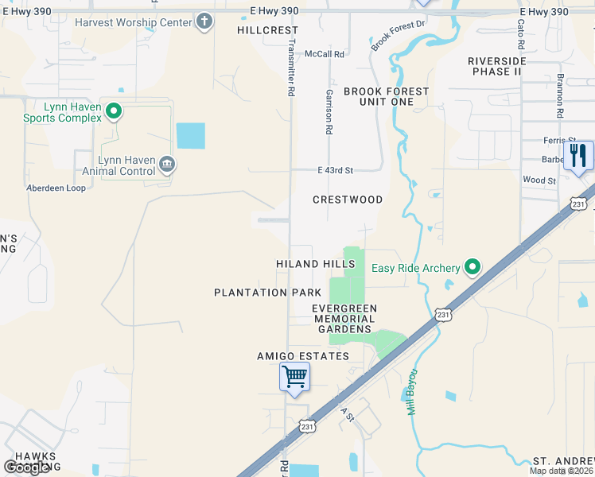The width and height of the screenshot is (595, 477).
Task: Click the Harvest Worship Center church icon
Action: click(x=204, y=21)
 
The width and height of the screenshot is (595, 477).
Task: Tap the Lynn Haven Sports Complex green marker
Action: click(x=113, y=112)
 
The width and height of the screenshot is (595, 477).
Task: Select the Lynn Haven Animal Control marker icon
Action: click(x=167, y=165)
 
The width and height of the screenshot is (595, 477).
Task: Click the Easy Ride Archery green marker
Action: click(x=473, y=267)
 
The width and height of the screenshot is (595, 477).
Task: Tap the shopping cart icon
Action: click(x=294, y=376)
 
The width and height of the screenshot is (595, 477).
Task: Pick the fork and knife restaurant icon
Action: click(x=578, y=155)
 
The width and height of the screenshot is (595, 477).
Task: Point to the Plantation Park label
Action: click(x=262, y=293)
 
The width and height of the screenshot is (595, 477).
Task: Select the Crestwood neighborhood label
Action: click(x=348, y=200)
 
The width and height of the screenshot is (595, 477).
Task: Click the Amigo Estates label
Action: click(x=303, y=356)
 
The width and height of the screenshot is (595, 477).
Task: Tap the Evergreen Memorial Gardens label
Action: click(x=344, y=318)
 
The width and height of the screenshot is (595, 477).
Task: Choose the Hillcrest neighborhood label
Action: click(x=256, y=30)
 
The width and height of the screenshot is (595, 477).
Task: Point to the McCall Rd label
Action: click(x=325, y=54)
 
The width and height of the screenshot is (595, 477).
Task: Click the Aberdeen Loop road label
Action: click(x=56, y=188)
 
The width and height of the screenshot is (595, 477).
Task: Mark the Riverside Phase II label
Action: click(x=497, y=66)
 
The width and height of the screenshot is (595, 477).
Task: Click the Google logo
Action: click(x=27, y=467)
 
